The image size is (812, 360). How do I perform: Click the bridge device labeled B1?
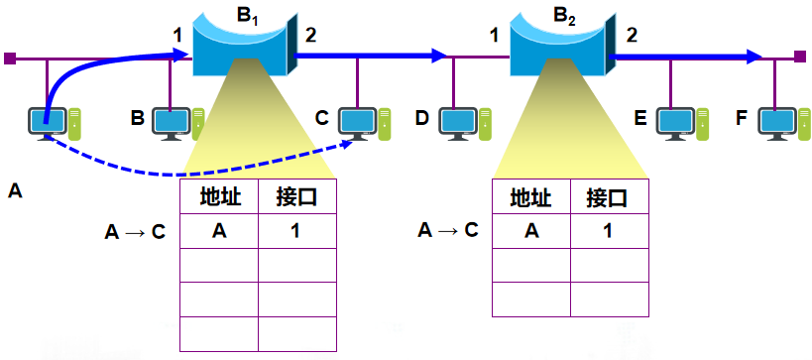(240, 45)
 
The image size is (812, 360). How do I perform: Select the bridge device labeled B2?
(560, 45)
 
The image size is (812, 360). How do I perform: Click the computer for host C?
(360, 123)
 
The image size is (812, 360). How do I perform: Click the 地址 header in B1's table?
(218, 196)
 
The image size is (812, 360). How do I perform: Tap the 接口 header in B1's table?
(296, 196)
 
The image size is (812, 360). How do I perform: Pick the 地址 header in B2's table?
(530, 196)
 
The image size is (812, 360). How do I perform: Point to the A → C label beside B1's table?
(135, 232)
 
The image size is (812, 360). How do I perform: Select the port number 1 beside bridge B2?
(493, 36)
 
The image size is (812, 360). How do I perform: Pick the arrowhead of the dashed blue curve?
(351, 145)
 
